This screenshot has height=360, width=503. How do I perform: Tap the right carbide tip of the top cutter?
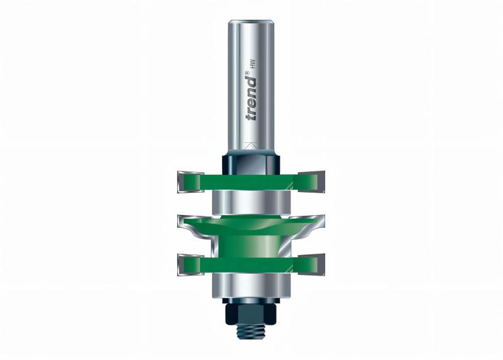(x=317, y=181)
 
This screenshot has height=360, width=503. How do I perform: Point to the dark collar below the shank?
(x=252, y=162)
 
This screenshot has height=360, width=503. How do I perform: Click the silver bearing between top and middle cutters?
(x=252, y=203)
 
